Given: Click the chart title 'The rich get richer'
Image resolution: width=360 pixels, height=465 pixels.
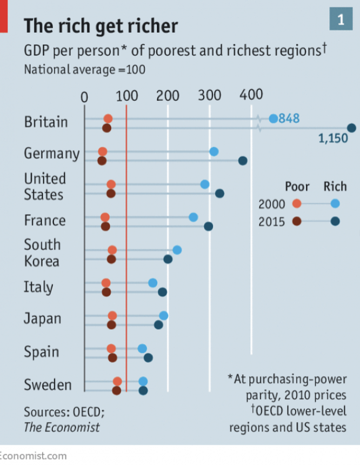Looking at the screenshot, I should [x=101, y=25].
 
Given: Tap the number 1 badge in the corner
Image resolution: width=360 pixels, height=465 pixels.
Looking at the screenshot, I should [x=341, y=20].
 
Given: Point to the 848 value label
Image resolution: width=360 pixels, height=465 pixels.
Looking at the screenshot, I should [x=289, y=118].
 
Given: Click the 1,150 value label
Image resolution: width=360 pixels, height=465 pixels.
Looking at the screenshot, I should [x=332, y=138].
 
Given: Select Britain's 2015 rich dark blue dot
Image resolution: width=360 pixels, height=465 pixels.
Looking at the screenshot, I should [x=351, y=128].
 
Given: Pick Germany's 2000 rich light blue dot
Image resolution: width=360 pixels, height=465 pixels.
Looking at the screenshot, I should [x=214, y=151].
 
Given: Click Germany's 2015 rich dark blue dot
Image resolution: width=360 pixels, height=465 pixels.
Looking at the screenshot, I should [x=243, y=161].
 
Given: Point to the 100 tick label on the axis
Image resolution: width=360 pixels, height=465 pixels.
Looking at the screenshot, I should [x=126, y=96].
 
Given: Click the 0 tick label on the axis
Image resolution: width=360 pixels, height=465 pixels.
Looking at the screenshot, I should [x=84, y=97].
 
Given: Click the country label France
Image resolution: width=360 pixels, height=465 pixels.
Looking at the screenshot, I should [x=45, y=221].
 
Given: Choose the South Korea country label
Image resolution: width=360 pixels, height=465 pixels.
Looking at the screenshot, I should [x=42, y=253].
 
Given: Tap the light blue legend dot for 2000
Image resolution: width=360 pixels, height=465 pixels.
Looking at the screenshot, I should [x=335, y=203].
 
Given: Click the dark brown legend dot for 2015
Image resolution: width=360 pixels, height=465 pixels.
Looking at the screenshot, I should [x=296, y=221].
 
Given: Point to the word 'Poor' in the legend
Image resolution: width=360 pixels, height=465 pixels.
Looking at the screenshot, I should [x=297, y=187].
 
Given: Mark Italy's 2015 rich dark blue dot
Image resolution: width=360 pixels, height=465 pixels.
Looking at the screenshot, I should [x=162, y=292].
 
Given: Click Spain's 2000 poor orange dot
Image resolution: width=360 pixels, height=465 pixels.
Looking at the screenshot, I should [x=111, y=348].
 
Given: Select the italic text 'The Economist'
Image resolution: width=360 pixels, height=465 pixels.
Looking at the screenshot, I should [x=62, y=427].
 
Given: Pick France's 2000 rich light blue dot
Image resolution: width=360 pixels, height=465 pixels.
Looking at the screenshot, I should [x=193, y=217].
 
